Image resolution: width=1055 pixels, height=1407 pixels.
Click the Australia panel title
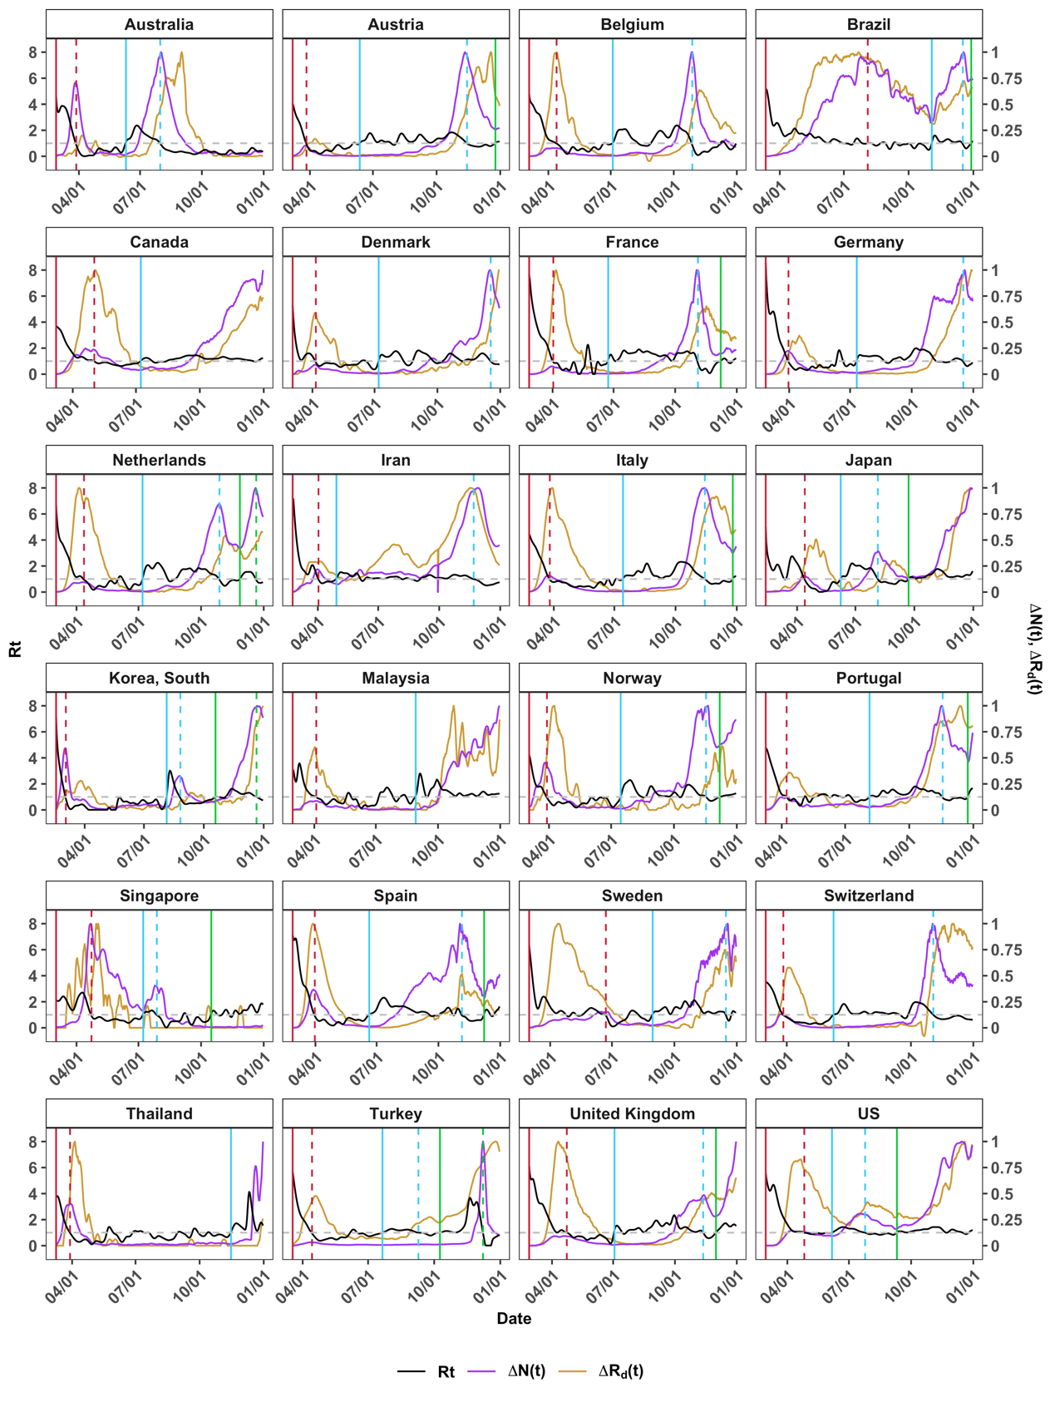pos(159,24)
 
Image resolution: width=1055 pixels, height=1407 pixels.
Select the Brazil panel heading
pos(869,24)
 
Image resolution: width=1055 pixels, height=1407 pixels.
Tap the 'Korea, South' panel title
pos(159,678)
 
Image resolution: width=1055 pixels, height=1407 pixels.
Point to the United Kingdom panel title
pos(632,1113)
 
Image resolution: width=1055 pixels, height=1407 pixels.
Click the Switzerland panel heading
pos(869,896)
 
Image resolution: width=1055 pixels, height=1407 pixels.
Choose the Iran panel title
pos(396,460)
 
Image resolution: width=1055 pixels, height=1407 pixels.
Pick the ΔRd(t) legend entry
pos(620,1371)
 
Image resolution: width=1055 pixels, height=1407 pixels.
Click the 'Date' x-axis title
pos(514,1318)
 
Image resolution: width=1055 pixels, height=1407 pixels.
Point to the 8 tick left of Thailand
pos(32,1142)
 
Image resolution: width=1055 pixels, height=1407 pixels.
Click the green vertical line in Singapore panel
pos(211,973)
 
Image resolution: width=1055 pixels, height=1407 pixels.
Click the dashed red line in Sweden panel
pos(606,973)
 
